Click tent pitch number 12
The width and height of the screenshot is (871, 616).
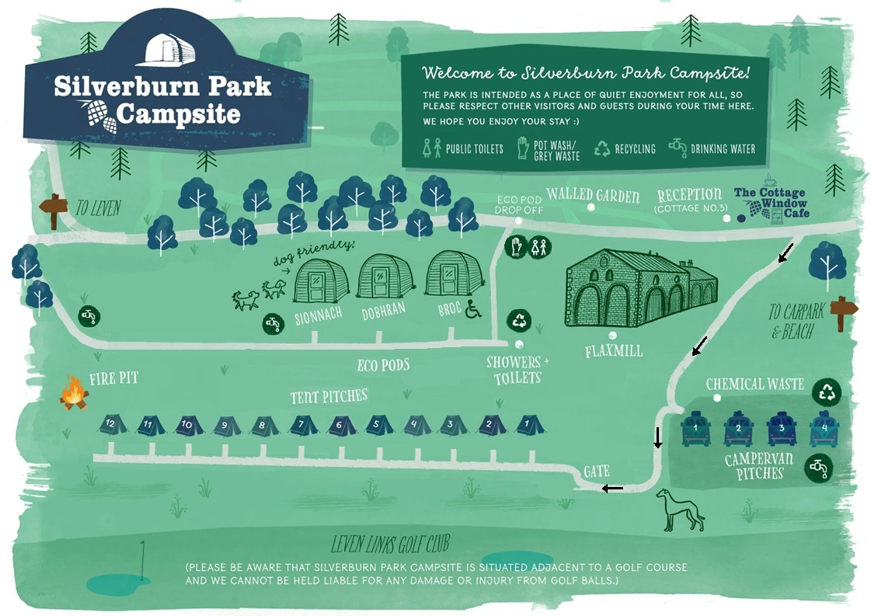click(x=111, y=424)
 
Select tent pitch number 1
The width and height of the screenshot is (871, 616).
click(x=528, y=425)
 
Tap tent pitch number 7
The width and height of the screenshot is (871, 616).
click(x=302, y=425)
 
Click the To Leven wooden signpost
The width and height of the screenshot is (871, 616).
click(x=54, y=209)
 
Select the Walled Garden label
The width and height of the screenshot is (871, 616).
click(x=593, y=194)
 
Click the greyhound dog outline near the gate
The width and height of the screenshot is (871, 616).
click(x=681, y=510)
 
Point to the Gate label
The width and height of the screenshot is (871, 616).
click(x=597, y=472)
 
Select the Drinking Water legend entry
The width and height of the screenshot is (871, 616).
click(x=712, y=148)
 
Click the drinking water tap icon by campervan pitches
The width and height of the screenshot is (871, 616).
click(x=819, y=467)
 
